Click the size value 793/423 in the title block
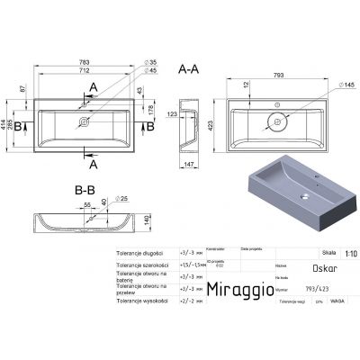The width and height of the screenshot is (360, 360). [x=280, y=290]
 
